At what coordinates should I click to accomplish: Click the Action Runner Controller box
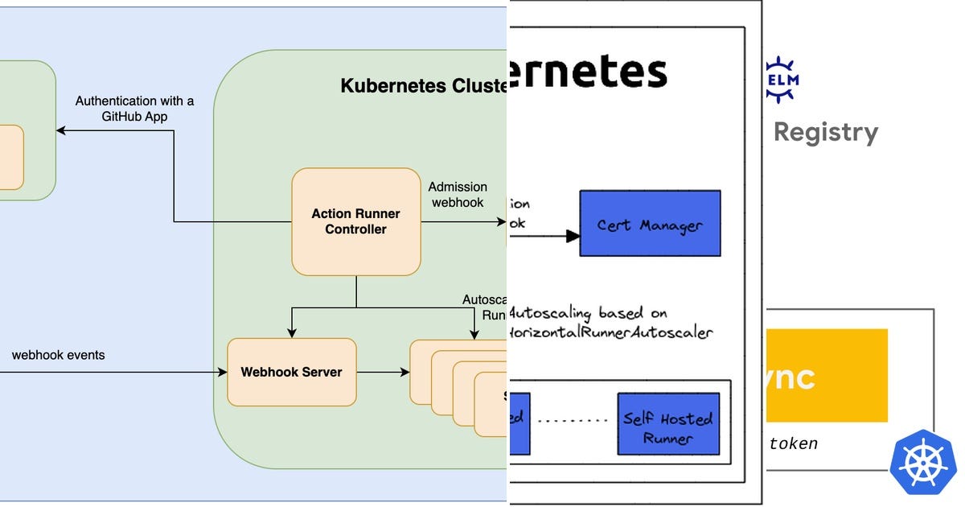tap(355, 221)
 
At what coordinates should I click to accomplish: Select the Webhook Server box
tap(291, 372)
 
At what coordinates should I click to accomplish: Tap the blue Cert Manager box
tap(650, 224)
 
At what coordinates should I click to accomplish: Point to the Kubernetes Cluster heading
tap(422, 86)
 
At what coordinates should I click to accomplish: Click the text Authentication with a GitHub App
tap(134, 109)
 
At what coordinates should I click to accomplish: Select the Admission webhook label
tap(458, 195)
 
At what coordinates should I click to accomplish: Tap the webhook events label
tap(58, 355)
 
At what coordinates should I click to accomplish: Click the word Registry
tap(825, 132)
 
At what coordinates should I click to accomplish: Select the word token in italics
tap(793, 443)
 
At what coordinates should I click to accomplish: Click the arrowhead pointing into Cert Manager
tap(573, 236)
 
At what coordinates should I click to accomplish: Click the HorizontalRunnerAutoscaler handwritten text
tap(611, 332)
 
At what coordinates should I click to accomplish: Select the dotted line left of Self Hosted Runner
tap(572, 420)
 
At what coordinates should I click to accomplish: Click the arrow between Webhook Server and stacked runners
tap(383, 372)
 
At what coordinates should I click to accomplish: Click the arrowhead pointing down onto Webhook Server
tap(292, 332)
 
